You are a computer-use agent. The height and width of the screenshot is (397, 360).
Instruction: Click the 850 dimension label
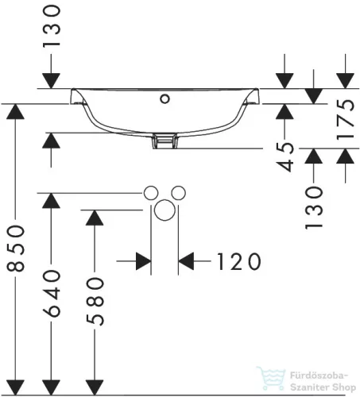[x=16, y=249]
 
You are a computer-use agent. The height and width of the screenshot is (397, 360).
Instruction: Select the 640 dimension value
[x=52, y=293]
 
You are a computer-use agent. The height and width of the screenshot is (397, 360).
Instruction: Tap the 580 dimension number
[x=95, y=301]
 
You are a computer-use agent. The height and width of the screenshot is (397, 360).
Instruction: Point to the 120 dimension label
[x=239, y=261]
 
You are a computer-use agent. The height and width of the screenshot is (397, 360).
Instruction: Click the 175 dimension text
[x=346, y=120]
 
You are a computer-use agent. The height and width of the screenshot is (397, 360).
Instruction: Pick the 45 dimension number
[x=285, y=157]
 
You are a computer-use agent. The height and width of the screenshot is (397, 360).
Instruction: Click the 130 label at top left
[x=52, y=26]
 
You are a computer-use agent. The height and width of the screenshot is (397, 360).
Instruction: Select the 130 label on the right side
[x=314, y=207]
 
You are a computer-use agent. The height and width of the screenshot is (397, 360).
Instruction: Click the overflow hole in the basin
[x=165, y=99]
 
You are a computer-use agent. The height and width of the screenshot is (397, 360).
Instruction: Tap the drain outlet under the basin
[x=165, y=141]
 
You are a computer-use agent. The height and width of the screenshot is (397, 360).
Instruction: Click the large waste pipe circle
[x=165, y=210]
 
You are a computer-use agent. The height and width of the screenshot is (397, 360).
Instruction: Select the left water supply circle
[x=151, y=193]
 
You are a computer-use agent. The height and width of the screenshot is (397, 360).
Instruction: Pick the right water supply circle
[x=178, y=193]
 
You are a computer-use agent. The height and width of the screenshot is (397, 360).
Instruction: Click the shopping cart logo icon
[x=271, y=378]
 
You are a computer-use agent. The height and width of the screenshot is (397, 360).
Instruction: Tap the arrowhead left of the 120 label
[x=143, y=261]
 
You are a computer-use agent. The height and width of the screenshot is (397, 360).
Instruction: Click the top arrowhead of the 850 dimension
[x=16, y=112]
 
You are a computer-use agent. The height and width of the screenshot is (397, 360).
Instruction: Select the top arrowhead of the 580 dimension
[x=95, y=218]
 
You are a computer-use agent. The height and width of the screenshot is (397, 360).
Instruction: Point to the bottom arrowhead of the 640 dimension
[x=52, y=387]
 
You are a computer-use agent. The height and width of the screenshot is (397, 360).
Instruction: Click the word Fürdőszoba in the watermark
[x=318, y=376]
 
